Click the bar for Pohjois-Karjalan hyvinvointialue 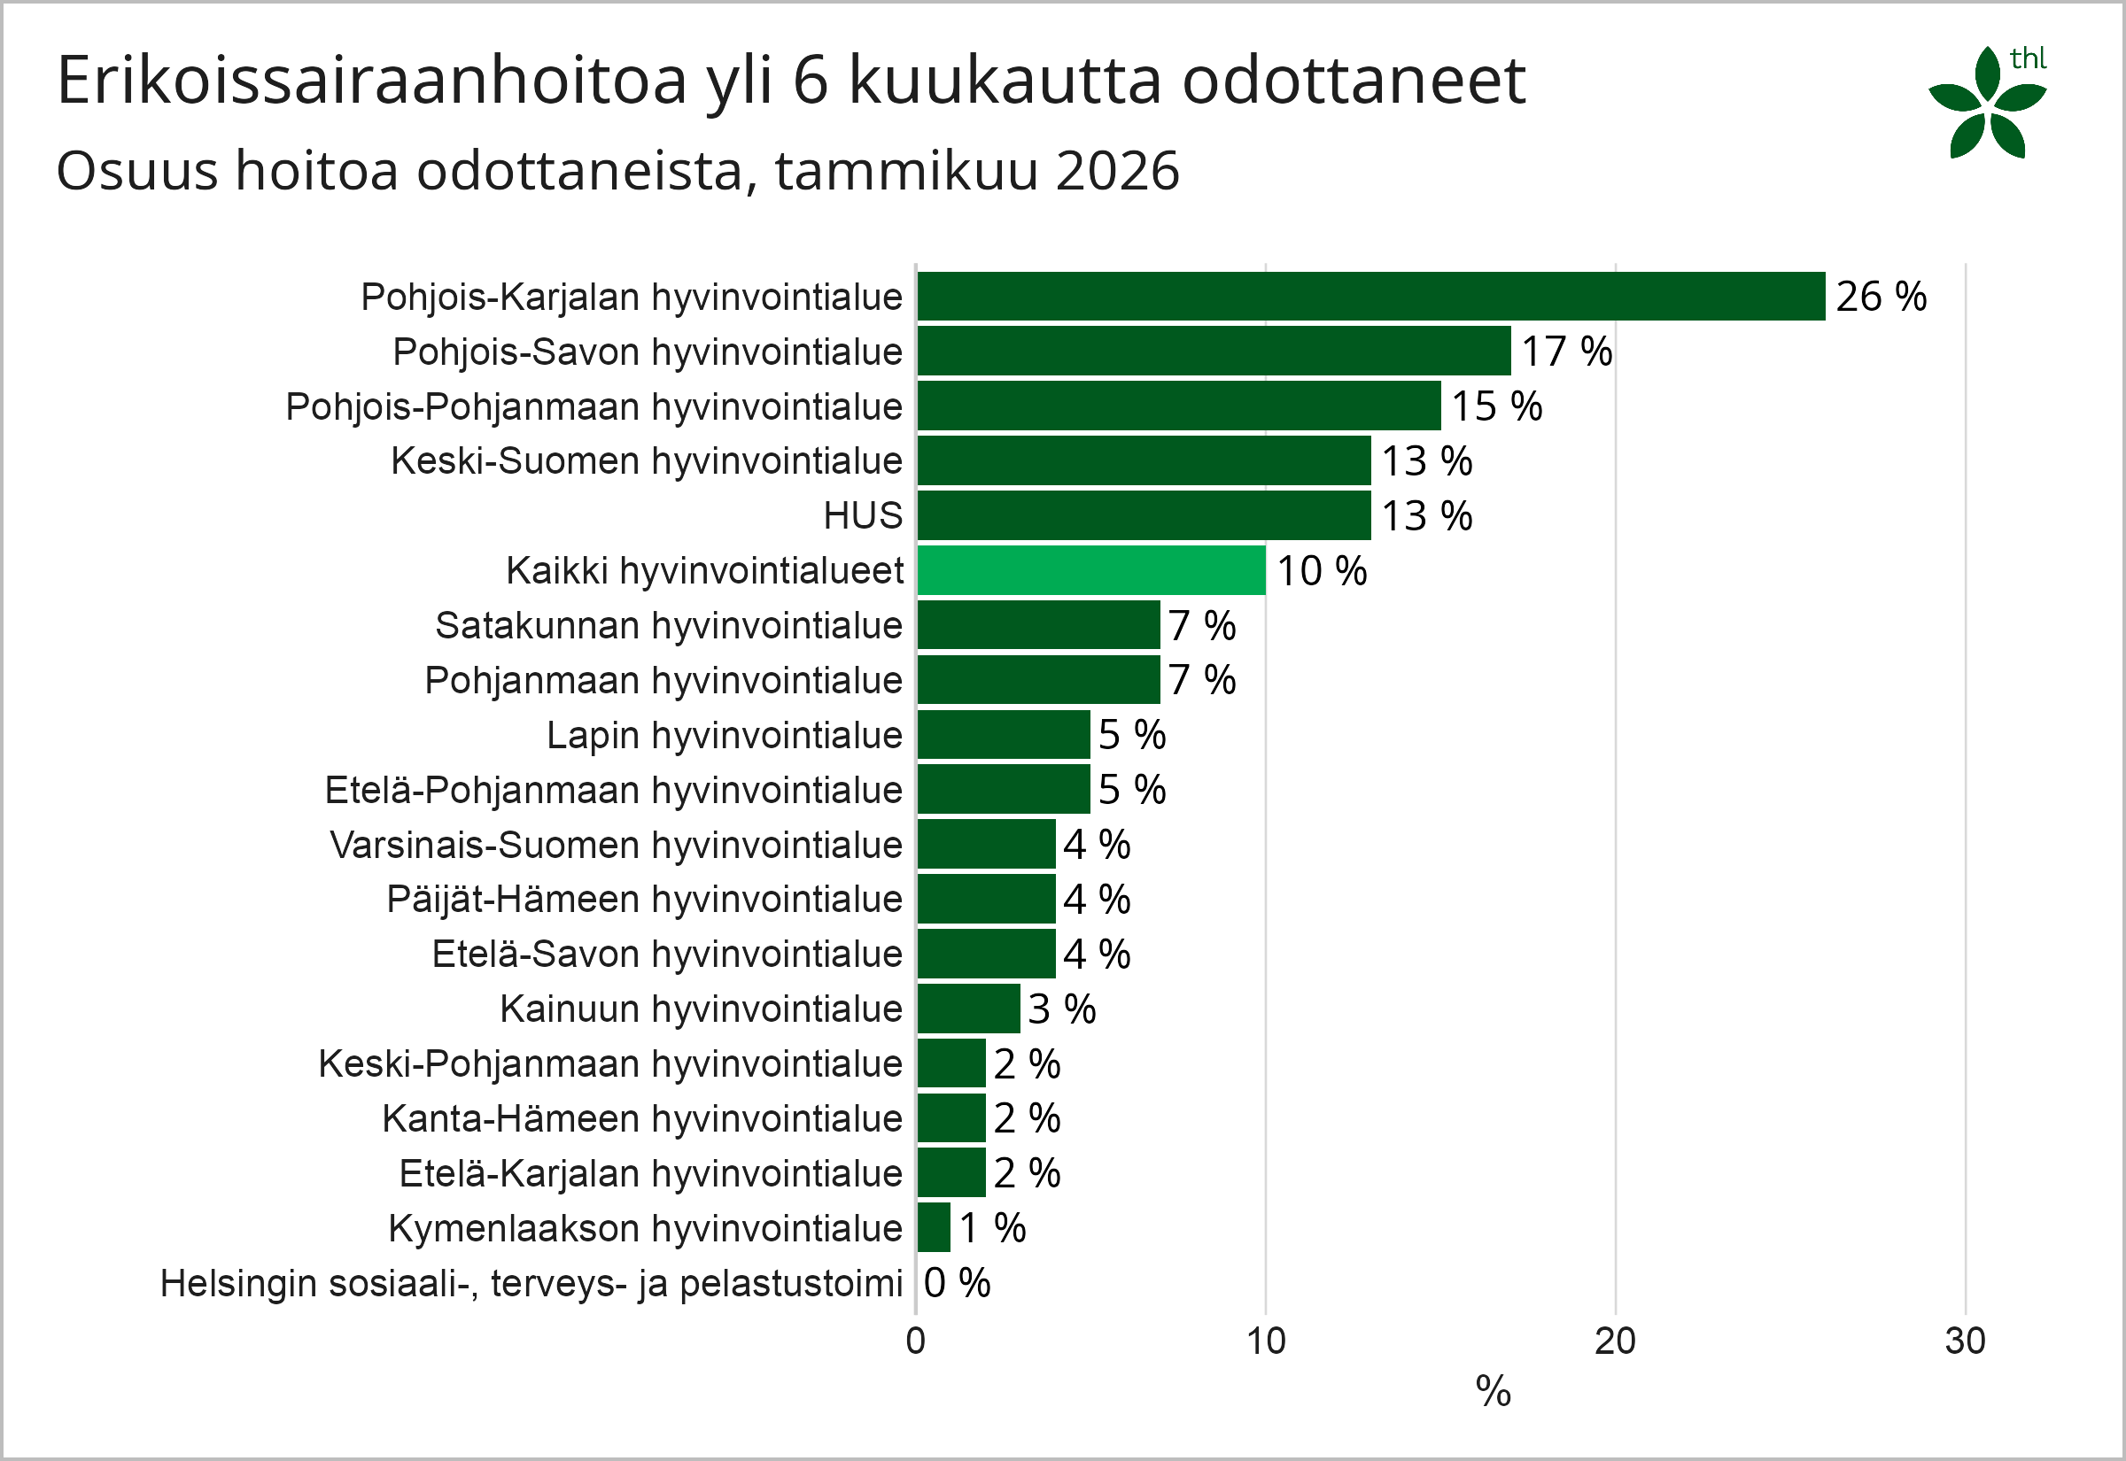point(1370,296)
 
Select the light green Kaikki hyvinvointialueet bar point(1091,570)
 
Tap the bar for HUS point(1144,515)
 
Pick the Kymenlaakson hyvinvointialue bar point(934,1227)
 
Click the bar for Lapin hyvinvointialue point(1004,734)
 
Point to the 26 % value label point(1881,297)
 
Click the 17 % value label point(1566,352)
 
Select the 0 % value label point(957,1282)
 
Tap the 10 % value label point(1321,571)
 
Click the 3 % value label point(1061,1009)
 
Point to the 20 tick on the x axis point(1615,1341)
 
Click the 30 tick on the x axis point(1965,1341)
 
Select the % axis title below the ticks point(1493,1392)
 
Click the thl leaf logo point(1987,104)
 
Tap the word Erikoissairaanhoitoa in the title point(372,81)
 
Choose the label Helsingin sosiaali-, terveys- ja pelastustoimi point(531,1283)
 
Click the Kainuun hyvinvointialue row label point(702,1009)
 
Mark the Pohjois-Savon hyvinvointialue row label point(648,352)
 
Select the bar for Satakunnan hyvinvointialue point(1038,625)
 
